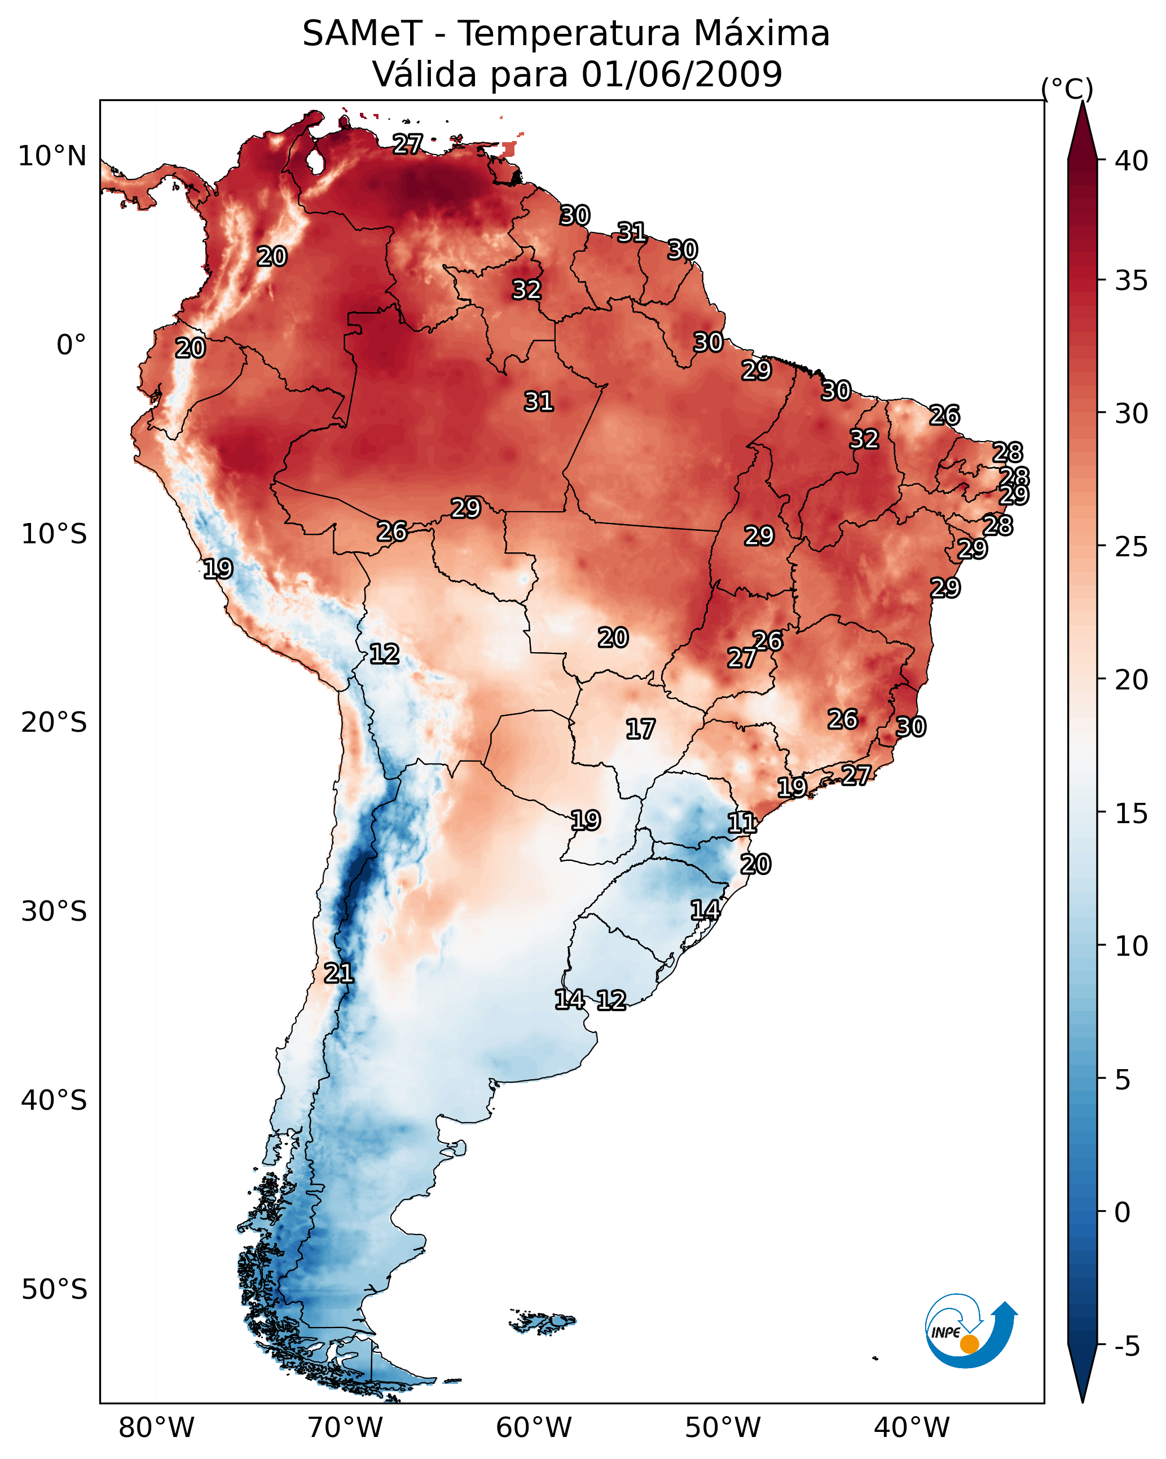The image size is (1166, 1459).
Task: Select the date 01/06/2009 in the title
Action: pos(681,74)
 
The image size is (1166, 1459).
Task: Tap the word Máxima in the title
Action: pos(762,34)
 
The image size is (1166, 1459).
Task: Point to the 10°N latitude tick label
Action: pos(52,156)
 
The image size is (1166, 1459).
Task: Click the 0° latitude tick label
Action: pos(71,345)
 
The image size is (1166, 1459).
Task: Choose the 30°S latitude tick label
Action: pos(54,912)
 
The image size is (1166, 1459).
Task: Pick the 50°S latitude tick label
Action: pos(54,1290)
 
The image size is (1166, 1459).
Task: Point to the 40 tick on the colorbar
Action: pos(1132,161)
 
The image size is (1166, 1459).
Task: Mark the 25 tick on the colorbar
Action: pos(1132,547)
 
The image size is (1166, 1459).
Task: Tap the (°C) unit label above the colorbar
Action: pos(1067,89)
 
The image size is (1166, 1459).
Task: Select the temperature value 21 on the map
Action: pos(338,973)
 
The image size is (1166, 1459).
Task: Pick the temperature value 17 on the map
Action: pos(640,729)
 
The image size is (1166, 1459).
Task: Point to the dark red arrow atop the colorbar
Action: pos(1081,132)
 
